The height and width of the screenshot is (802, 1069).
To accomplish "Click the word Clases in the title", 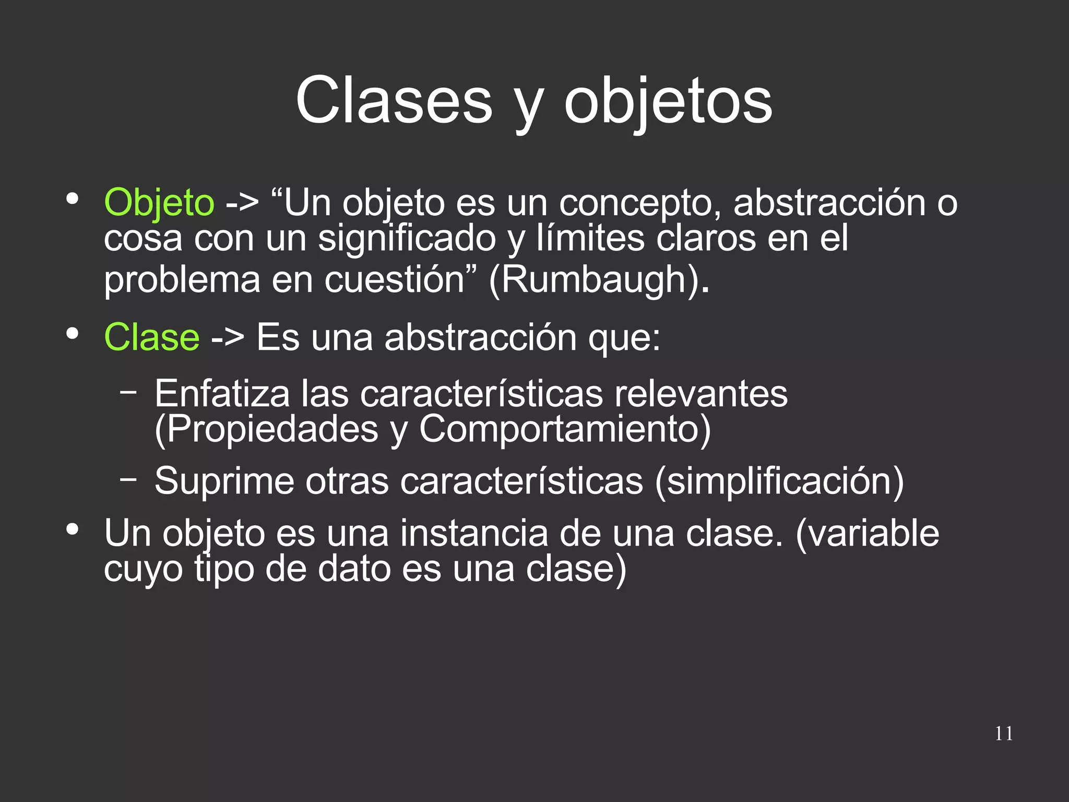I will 394,100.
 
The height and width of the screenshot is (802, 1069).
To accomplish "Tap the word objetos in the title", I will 668,102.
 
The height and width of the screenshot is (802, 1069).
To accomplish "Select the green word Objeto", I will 159,203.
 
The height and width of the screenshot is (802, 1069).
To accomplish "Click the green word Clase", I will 151,337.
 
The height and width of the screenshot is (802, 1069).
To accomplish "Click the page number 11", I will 1004,734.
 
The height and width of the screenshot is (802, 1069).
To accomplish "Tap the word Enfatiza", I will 222,394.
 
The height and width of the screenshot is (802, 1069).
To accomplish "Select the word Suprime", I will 224,480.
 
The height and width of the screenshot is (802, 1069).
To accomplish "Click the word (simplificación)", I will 779,481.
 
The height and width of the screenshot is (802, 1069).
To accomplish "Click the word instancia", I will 474,534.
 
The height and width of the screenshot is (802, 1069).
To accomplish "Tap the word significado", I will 407,239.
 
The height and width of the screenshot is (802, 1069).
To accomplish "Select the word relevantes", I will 701,394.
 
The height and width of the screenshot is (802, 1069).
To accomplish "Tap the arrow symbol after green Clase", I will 228,338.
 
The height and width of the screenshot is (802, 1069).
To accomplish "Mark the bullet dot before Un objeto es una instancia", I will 73,529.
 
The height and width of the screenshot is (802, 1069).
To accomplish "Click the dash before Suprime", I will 128,477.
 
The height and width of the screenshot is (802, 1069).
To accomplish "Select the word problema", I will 182,280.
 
